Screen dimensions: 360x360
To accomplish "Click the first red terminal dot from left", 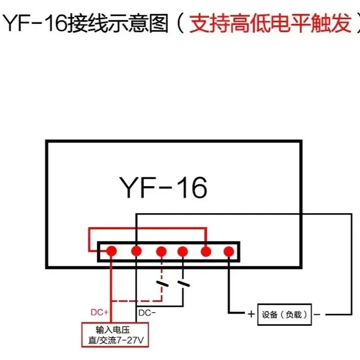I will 112,251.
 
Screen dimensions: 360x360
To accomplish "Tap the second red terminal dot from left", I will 136,251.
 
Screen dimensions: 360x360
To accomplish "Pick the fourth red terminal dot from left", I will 183,251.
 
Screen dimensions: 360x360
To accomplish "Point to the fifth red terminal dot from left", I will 206,251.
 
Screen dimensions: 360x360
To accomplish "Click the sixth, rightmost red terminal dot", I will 229,251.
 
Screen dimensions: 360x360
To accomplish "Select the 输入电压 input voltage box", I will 115,334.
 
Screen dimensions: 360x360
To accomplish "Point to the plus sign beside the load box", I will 250,315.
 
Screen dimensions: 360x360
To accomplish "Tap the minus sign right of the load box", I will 317,315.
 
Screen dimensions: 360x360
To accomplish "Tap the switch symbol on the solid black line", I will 183,283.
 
